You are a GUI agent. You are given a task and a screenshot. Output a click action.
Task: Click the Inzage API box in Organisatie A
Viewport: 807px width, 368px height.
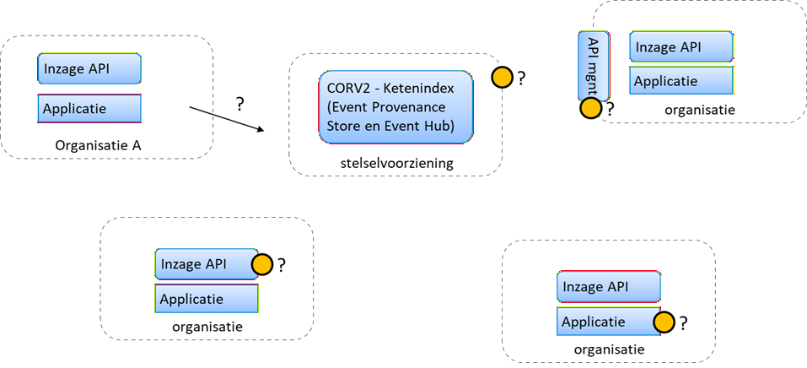click(89, 68)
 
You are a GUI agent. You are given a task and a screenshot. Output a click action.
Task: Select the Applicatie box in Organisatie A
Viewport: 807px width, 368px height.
click(89, 109)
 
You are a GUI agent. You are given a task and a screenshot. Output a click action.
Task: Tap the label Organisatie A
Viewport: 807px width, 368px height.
click(98, 145)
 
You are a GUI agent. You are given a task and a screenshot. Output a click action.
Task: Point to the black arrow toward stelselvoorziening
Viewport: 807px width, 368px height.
click(226, 118)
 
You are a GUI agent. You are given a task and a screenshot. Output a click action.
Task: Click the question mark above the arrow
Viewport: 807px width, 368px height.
click(240, 104)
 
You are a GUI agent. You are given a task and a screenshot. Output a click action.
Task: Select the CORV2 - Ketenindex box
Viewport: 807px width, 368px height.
click(395, 106)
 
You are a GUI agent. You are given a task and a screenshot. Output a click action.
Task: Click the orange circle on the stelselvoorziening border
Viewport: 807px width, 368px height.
click(503, 78)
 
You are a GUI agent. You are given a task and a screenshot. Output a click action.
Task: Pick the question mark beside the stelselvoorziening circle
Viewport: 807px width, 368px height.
click(522, 78)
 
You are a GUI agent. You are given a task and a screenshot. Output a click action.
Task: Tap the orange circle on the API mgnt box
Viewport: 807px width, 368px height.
click(590, 108)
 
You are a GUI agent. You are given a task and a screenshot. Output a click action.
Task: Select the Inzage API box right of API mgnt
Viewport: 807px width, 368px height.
click(681, 47)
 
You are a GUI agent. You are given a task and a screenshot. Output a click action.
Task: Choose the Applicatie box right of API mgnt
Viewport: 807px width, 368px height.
click(681, 81)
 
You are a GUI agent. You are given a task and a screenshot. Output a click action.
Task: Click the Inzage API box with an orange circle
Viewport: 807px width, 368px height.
click(205, 264)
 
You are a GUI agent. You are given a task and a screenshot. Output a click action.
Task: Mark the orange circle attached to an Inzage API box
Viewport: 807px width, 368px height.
click(263, 265)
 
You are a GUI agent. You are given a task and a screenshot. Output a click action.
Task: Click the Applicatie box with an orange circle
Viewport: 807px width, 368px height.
click(607, 322)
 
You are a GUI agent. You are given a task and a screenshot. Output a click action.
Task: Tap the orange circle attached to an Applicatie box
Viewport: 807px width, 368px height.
click(664, 322)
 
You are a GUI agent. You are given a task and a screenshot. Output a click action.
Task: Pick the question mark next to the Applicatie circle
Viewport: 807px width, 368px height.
click(683, 322)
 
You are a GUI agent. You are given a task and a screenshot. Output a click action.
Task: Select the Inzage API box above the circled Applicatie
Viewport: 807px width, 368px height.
click(609, 287)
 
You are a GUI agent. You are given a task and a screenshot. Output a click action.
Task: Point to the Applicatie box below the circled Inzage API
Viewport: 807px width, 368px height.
click(207, 299)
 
